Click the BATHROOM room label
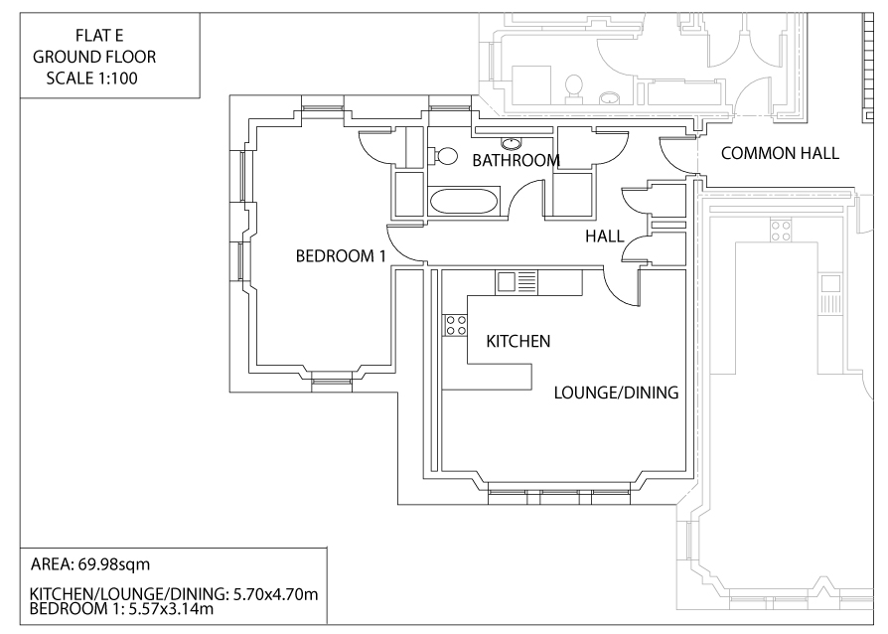coord(516,160)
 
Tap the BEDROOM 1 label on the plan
coord(340,255)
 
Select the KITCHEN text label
coord(518,342)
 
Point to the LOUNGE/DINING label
coord(616,393)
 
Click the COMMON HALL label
coord(780,154)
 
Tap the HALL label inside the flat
coord(603,237)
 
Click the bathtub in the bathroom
coord(463,202)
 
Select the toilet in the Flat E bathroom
coord(443,156)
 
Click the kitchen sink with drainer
coord(517,281)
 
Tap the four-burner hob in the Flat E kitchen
coord(456,323)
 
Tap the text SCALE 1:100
coord(92,77)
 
